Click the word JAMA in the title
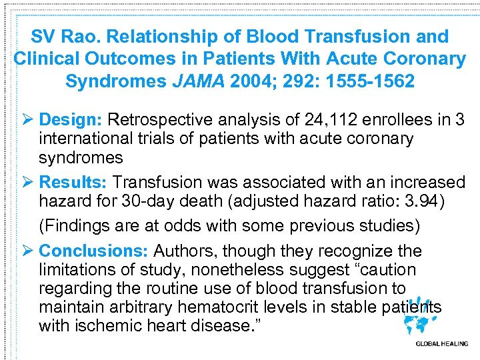(x=201, y=81)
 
